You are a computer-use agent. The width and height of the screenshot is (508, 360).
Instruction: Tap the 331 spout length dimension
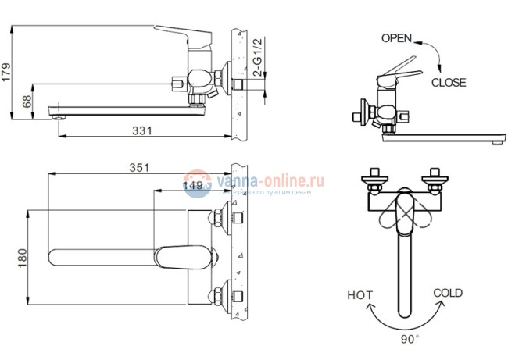pyautogui.click(x=141, y=131)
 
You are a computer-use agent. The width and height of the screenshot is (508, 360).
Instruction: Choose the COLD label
pyautogui.click(x=448, y=294)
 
